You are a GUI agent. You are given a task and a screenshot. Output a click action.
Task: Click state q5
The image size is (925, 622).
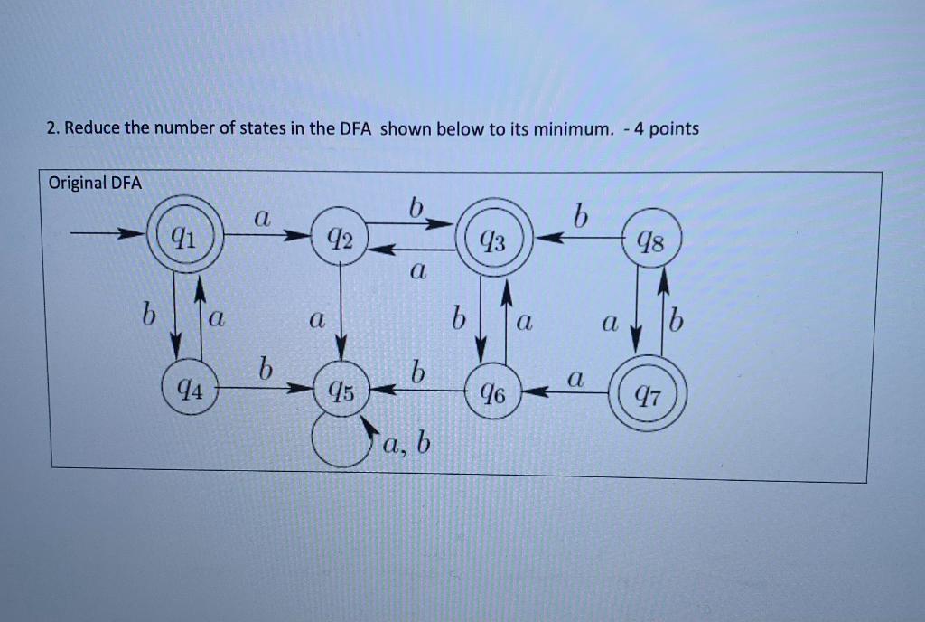pos(340,391)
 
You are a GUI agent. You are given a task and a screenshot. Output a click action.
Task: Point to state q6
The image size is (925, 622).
pos(493,392)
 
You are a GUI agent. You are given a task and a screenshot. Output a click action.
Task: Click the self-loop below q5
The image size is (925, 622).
pos(336,442)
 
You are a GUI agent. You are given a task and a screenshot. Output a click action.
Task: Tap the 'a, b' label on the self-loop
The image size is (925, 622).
pos(407,444)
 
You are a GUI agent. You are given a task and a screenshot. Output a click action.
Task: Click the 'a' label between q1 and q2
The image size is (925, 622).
pos(261,218)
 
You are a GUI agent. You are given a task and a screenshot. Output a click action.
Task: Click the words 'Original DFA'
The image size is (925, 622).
pos(96,184)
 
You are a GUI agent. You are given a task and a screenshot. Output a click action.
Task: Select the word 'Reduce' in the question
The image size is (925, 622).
pos(92,128)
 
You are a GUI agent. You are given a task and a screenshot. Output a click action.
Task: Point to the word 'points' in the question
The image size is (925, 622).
pos(674,128)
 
